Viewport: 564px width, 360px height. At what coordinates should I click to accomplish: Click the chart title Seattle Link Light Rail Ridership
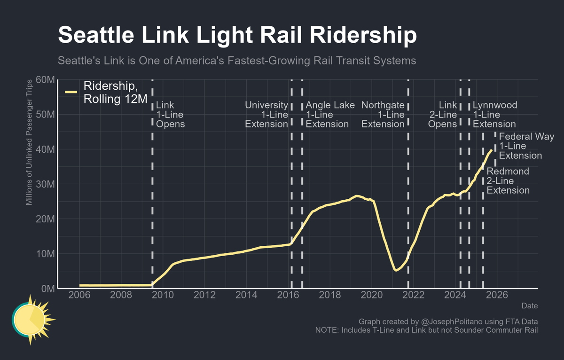(237, 36)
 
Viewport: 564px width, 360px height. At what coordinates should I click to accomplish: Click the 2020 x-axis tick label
(372, 295)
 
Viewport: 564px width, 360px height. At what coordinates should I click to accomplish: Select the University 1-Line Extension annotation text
(266, 115)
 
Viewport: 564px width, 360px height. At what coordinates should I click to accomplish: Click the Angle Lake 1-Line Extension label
(330, 115)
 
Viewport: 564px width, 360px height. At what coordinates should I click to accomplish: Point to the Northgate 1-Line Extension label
(383, 115)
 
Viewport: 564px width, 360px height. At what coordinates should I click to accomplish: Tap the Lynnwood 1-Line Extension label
(494, 115)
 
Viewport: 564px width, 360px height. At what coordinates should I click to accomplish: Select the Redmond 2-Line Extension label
(508, 181)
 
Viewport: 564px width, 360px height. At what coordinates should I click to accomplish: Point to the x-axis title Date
(529, 306)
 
